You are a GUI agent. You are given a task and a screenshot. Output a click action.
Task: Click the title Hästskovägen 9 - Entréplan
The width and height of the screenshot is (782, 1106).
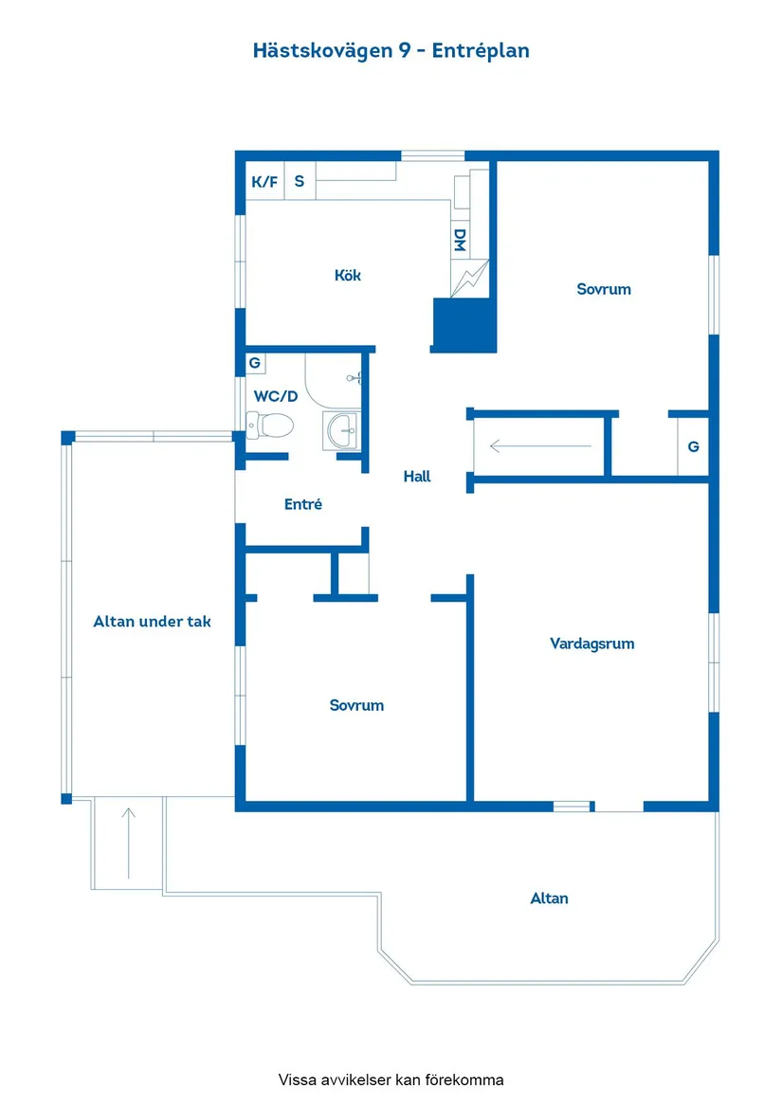click(x=391, y=51)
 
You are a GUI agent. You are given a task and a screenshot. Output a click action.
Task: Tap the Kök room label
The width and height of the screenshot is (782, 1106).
click(x=347, y=275)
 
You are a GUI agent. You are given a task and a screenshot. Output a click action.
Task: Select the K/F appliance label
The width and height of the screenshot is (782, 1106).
click(x=264, y=182)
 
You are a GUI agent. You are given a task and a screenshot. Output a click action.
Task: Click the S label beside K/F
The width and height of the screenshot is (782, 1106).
click(x=300, y=181)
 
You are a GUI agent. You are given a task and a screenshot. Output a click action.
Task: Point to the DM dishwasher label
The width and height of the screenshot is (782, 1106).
click(x=460, y=240)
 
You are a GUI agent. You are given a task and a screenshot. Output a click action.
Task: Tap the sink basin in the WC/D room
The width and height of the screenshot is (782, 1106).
click(x=343, y=430)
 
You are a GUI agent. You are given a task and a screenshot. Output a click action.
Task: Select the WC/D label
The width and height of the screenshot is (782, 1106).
click(x=276, y=396)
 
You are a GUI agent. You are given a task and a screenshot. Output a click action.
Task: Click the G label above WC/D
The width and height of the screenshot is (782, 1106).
click(x=255, y=363)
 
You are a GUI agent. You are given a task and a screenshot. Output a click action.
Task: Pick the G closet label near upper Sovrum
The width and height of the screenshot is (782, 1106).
click(x=693, y=446)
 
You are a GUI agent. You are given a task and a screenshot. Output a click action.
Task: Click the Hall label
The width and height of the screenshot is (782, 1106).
click(x=417, y=476)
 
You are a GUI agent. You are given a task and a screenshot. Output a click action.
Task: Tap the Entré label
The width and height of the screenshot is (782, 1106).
click(x=302, y=503)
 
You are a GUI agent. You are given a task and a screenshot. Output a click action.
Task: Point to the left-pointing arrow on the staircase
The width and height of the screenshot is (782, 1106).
click(x=540, y=445)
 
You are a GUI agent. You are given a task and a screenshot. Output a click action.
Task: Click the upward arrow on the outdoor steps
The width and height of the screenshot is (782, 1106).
click(x=129, y=843)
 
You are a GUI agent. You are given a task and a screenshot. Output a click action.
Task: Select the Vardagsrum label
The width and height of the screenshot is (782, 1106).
click(x=592, y=644)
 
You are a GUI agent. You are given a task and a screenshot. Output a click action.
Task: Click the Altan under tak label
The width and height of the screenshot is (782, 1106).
click(x=153, y=622)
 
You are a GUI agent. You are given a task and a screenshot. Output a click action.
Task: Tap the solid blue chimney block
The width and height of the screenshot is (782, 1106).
click(x=464, y=325)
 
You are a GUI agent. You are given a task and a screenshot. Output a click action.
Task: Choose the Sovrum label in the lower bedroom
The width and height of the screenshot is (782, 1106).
click(x=356, y=705)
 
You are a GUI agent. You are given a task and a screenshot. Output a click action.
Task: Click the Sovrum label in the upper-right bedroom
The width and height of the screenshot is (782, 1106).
click(x=604, y=289)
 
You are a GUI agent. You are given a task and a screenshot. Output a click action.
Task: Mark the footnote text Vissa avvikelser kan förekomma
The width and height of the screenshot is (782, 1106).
click(x=391, y=1079)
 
